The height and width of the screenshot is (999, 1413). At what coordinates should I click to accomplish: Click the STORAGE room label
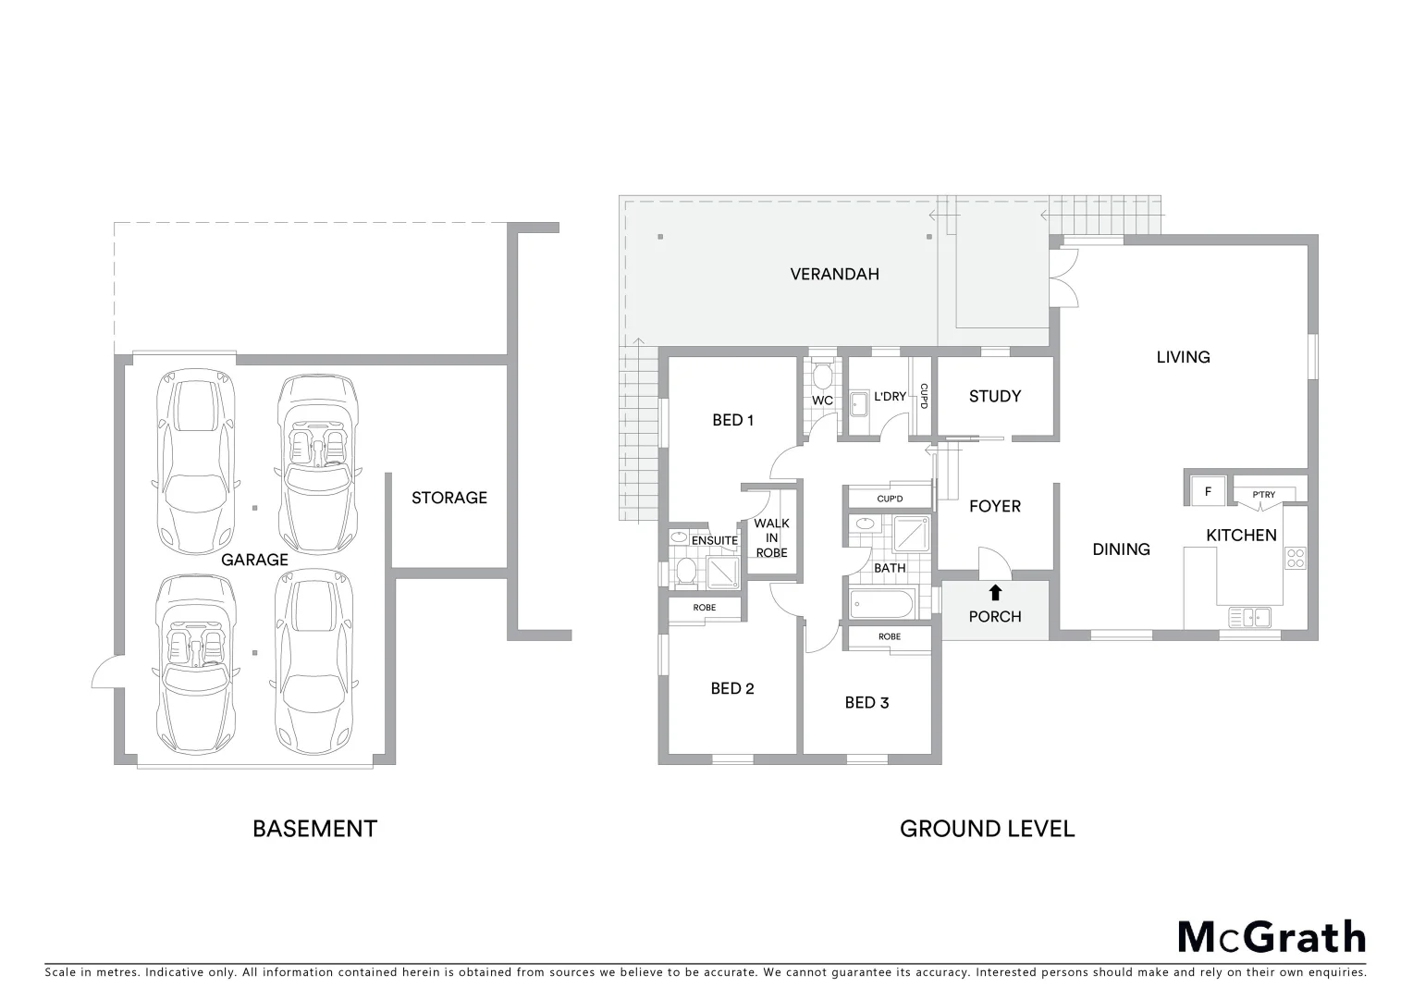point(449,498)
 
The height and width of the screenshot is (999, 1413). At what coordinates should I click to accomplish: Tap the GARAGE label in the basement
point(254,560)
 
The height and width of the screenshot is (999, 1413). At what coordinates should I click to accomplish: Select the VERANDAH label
point(834,274)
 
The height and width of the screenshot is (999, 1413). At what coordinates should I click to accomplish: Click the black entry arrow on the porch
point(995,593)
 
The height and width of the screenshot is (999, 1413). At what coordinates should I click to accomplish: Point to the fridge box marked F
point(1208,492)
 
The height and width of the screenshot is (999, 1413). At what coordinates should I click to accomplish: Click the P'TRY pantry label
point(1263,495)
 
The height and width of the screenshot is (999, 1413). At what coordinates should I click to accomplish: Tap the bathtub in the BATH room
point(882,606)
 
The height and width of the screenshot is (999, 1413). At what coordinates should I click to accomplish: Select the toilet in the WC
point(822,375)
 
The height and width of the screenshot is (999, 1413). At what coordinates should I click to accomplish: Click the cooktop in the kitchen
point(1296,558)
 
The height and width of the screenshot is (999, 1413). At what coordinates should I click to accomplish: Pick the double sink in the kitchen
point(1250,617)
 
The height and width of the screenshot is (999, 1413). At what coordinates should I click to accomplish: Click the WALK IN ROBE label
point(771,537)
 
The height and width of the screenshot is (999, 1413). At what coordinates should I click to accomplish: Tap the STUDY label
point(995,396)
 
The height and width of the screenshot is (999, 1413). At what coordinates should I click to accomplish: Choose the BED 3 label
point(866,703)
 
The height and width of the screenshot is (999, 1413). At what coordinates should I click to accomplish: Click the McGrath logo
point(1272,937)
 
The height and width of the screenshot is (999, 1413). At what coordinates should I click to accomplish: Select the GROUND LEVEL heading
point(987,829)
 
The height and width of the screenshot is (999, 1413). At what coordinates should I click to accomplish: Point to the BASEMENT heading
point(314,829)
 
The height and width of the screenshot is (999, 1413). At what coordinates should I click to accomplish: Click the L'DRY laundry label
point(890,397)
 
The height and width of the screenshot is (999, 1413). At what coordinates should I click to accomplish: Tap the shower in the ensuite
point(724,573)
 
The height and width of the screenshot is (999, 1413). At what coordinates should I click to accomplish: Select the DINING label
point(1121,549)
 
